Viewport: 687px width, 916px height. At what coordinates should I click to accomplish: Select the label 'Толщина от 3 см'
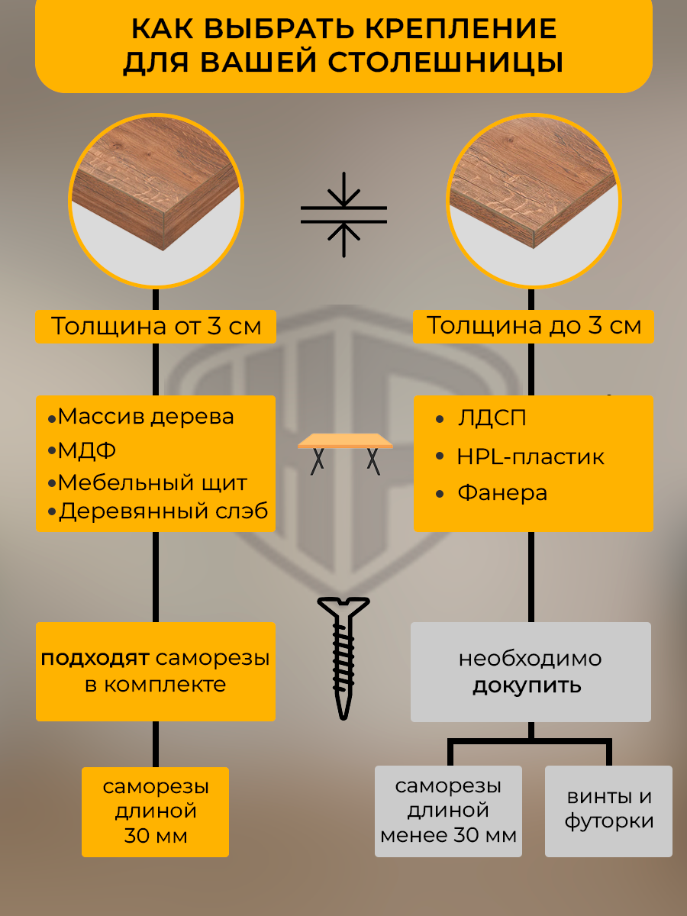tap(156, 326)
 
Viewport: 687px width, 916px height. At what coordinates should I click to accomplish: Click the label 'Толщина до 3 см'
tap(534, 326)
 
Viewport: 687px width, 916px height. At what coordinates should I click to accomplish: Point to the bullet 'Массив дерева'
tap(145, 418)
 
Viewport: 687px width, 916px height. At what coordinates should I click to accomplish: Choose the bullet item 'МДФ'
tap(87, 450)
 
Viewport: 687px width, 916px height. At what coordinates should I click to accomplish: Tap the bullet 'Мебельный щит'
tap(152, 483)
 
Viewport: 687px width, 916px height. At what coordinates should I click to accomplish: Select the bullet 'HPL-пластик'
tap(530, 457)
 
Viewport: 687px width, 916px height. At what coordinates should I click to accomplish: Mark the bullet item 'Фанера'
tap(502, 493)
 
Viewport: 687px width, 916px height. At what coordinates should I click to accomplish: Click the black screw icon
tap(343, 656)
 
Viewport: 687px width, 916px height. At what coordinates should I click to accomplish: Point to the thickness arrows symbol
tap(343, 214)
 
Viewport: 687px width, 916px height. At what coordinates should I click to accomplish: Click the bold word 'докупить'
tap(527, 685)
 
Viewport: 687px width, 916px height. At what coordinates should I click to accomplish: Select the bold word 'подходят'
tap(97, 658)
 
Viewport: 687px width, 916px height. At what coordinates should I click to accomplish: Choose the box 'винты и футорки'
tap(608, 810)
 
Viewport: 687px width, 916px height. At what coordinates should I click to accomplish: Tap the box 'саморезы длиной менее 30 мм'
tap(448, 811)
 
